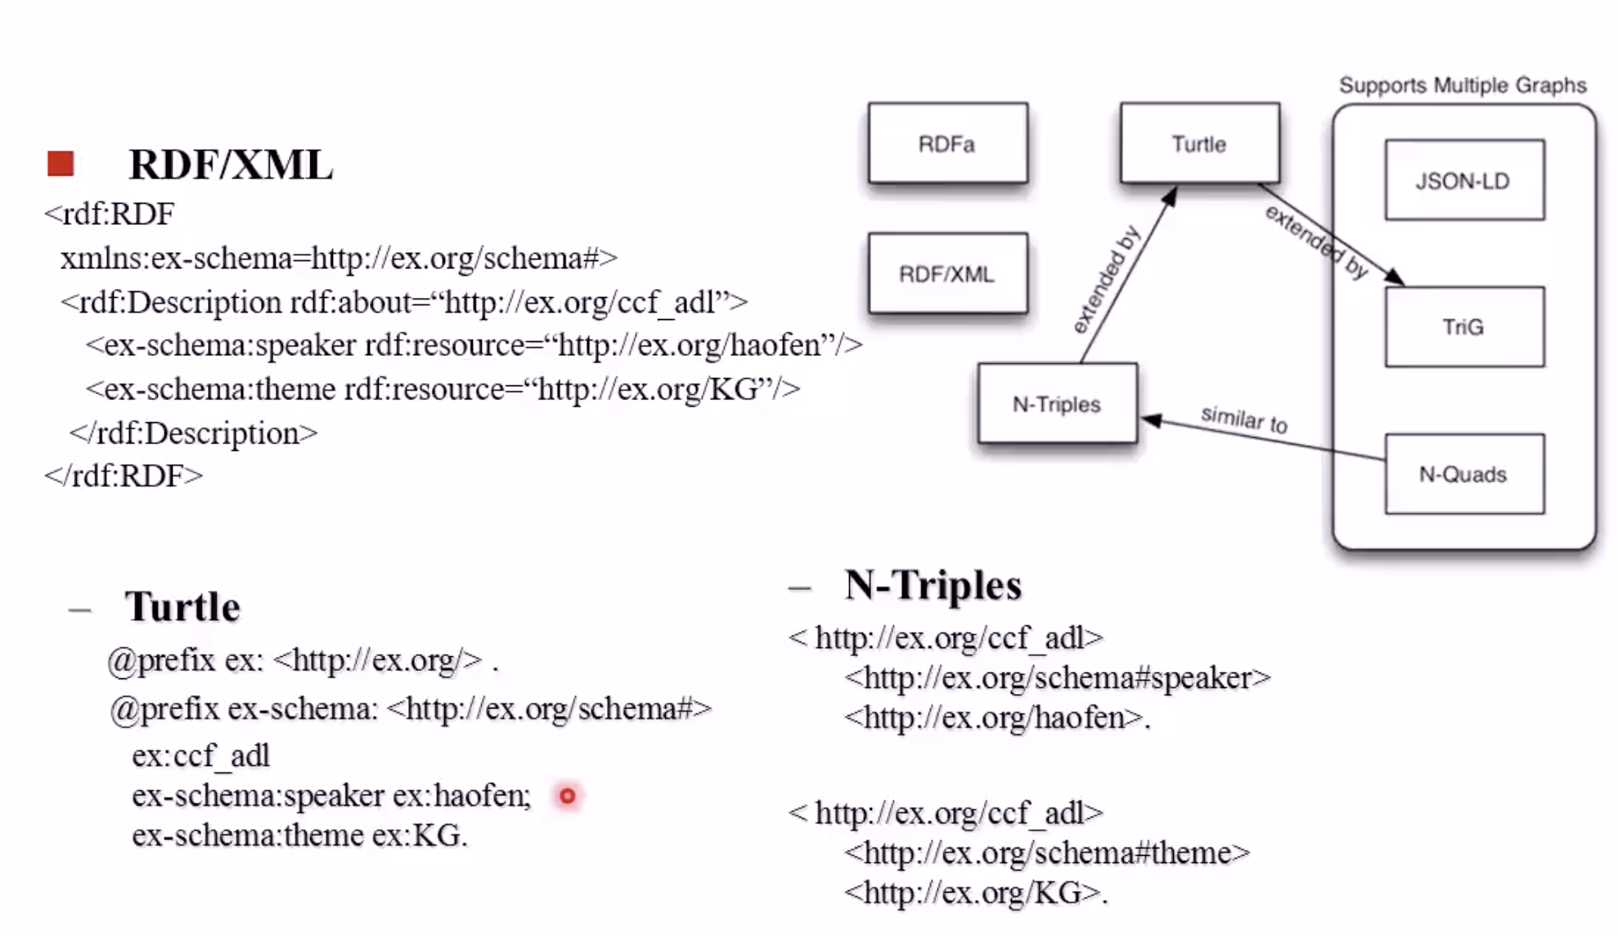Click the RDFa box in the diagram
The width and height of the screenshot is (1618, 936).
click(x=947, y=143)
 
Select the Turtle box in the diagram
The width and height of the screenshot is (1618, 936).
click(x=1199, y=143)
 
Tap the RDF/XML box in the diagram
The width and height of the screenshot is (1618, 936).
click(x=947, y=273)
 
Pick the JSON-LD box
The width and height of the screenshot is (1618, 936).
click(x=1463, y=180)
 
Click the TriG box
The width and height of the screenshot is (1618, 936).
click(x=1463, y=326)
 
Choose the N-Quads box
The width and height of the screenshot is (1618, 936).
click(x=1463, y=474)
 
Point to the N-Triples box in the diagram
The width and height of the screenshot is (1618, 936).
click(x=1057, y=403)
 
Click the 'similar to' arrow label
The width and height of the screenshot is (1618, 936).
click(x=1244, y=420)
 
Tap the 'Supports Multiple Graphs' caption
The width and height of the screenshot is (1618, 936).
click(x=1463, y=85)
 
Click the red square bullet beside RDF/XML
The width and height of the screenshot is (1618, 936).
click(x=61, y=164)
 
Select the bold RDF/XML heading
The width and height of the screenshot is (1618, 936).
click(x=231, y=164)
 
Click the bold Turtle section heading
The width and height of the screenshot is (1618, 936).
click(x=182, y=606)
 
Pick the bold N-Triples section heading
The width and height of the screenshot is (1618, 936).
click(x=933, y=585)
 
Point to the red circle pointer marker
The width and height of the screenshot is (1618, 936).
click(x=567, y=795)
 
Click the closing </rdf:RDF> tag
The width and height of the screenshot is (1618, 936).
click(x=124, y=475)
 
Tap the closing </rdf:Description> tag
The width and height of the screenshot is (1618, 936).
click(x=193, y=432)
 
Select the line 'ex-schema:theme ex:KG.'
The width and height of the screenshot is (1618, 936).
click(x=299, y=835)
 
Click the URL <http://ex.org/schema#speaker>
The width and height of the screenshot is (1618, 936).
click(x=1057, y=677)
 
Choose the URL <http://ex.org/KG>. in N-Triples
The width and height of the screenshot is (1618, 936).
click(x=976, y=892)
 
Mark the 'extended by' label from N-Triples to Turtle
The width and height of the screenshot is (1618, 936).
click(x=1106, y=281)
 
